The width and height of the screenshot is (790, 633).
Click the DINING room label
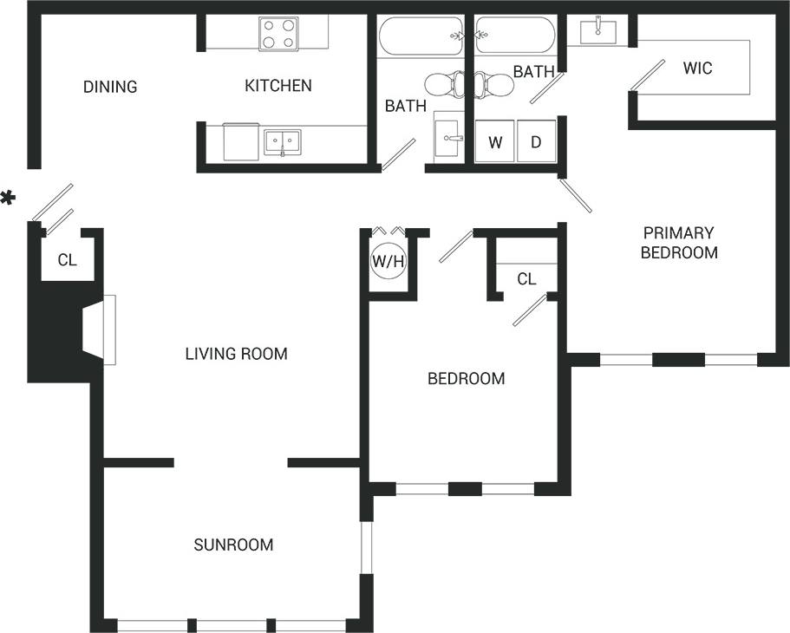coord(110,87)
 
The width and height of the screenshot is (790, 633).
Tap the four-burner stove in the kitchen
coord(278,34)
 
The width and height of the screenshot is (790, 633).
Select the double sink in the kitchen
coord(282,142)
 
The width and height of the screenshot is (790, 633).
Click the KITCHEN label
coord(277,86)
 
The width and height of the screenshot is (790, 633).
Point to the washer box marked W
coord(495,142)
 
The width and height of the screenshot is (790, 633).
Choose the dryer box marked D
coord(536,142)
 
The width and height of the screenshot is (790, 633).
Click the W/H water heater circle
coord(388,261)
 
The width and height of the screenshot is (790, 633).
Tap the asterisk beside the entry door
coord(8,199)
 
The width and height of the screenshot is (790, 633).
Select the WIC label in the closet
coord(697,68)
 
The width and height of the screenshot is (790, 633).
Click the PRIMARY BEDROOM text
coord(678,243)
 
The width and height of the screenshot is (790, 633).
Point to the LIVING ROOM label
coord(236,354)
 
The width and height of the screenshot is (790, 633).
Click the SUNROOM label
coord(233,545)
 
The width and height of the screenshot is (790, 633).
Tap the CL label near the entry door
coord(68,259)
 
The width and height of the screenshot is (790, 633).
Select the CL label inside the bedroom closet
coord(526,279)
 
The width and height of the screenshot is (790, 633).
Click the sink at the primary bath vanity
coord(598,31)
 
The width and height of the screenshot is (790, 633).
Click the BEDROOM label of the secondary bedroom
coord(466,379)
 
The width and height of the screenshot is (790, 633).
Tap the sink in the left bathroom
coord(448,137)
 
